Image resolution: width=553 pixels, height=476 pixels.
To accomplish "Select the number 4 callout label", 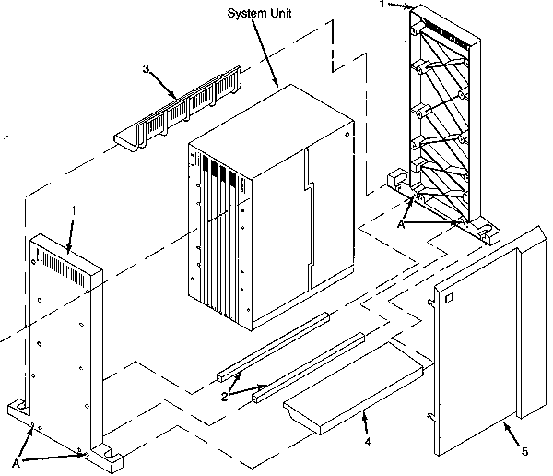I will (366, 443).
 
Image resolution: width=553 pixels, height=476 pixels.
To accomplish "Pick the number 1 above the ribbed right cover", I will (381, 5).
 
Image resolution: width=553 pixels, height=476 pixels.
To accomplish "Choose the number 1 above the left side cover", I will (73, 212).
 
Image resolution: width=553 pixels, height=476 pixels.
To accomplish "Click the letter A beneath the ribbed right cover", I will (399, 222).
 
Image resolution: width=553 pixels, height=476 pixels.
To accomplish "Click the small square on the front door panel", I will (449, 297).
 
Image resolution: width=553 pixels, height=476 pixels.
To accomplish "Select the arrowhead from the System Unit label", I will (277, 87).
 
